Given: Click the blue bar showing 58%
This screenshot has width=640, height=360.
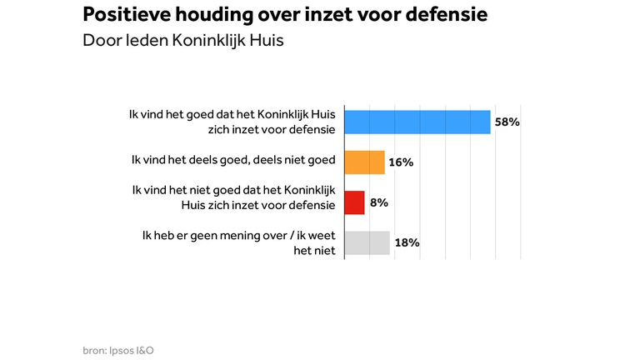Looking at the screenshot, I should pos(417,122).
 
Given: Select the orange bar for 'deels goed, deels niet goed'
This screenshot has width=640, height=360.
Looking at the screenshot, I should pos(365,162).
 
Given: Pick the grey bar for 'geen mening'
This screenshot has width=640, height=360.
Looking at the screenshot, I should pos(367,242).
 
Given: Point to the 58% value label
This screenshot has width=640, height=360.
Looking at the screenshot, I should pos(507,122).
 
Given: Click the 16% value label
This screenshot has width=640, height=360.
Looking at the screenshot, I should pos(401,162).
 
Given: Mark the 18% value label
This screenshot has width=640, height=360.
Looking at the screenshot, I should pos(406,242).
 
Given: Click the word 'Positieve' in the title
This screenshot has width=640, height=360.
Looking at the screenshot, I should pos(123,15).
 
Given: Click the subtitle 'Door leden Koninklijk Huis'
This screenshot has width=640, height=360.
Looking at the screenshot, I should pos(183,41).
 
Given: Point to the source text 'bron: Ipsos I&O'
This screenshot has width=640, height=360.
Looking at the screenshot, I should pos(117,350).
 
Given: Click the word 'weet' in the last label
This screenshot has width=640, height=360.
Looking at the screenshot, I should pos(321,236).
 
